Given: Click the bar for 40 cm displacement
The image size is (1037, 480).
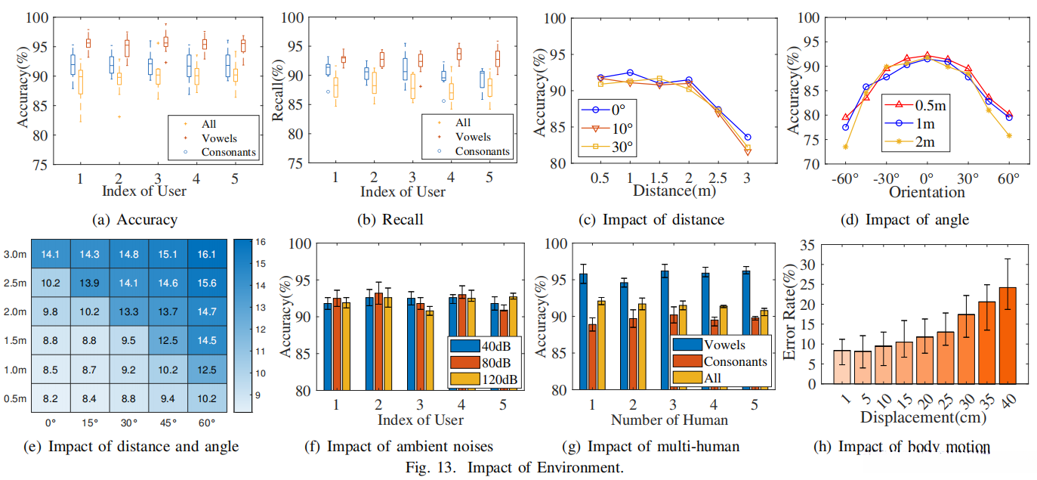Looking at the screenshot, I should tap(1008, 335).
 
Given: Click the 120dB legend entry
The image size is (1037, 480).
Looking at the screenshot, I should tap(490, 378).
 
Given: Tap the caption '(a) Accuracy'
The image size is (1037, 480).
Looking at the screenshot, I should tap(134, 220).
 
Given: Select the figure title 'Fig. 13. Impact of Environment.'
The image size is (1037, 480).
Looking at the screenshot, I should tap(518, 466).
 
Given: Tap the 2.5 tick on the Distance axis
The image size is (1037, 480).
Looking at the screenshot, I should tap(717, 177).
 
